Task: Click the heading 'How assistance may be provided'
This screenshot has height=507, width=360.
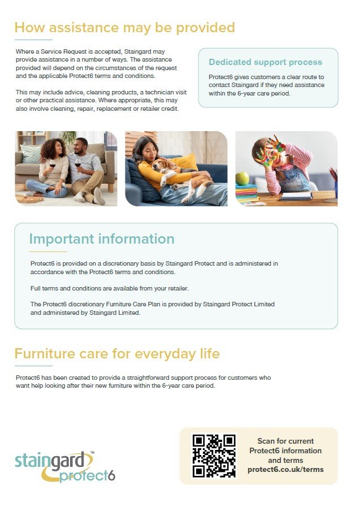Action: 124,28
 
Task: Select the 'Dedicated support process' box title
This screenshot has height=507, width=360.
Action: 265,62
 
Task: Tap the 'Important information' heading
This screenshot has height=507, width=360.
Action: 102,239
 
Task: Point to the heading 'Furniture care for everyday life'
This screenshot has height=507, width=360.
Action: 117,353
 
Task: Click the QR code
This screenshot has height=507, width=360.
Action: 214,456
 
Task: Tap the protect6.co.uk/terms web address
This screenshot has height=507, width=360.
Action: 285,470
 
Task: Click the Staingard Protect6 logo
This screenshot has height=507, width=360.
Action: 65,467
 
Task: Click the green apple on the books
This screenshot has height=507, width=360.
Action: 242,179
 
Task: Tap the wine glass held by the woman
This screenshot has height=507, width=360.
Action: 52,165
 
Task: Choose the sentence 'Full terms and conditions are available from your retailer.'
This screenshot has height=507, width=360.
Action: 110,288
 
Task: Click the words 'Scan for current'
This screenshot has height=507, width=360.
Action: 285,441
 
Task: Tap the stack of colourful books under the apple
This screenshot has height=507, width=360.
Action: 246,194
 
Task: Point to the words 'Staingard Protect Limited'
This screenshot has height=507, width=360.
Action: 239,304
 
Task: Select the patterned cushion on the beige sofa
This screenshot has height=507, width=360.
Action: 31,154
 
